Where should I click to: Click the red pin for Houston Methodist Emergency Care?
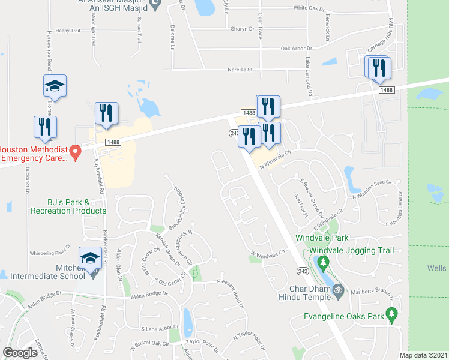(x=75, y=152)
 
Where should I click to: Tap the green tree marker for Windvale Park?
(x=323, y=262)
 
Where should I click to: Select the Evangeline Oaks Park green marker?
(x=392, y=313)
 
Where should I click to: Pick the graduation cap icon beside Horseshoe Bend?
(x=55, y=86)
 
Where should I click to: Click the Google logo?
(x=20, y=353)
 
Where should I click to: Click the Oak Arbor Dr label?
(x=297, y=49)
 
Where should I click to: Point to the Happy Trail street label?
(x=67, y=30)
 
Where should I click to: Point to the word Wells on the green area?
(x=437, y=268)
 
